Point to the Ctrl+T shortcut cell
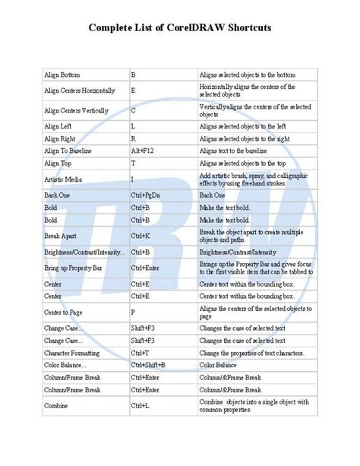pos(141,352)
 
